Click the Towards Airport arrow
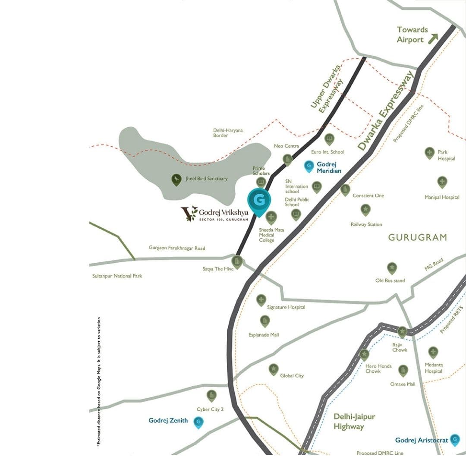[433, 38]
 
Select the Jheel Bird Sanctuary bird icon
[176, 179]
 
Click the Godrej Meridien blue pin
[309, 166]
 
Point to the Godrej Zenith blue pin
[198, 422]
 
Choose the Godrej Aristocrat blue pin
[455, 440]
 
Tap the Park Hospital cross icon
[429, 153]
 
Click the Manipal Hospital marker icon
[442, 182]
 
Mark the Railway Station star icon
[365, 210]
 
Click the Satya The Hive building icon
[237, 261]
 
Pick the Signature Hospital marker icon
[261, 300]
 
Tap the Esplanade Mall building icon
[265, 321]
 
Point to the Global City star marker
[274, 369]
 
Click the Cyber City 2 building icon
[211, 395]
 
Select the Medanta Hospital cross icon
[433, 352]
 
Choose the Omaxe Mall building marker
[403, 370]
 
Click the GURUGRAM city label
[417, 237]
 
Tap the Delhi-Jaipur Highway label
[354, 422]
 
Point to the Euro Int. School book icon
[329, 139]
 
